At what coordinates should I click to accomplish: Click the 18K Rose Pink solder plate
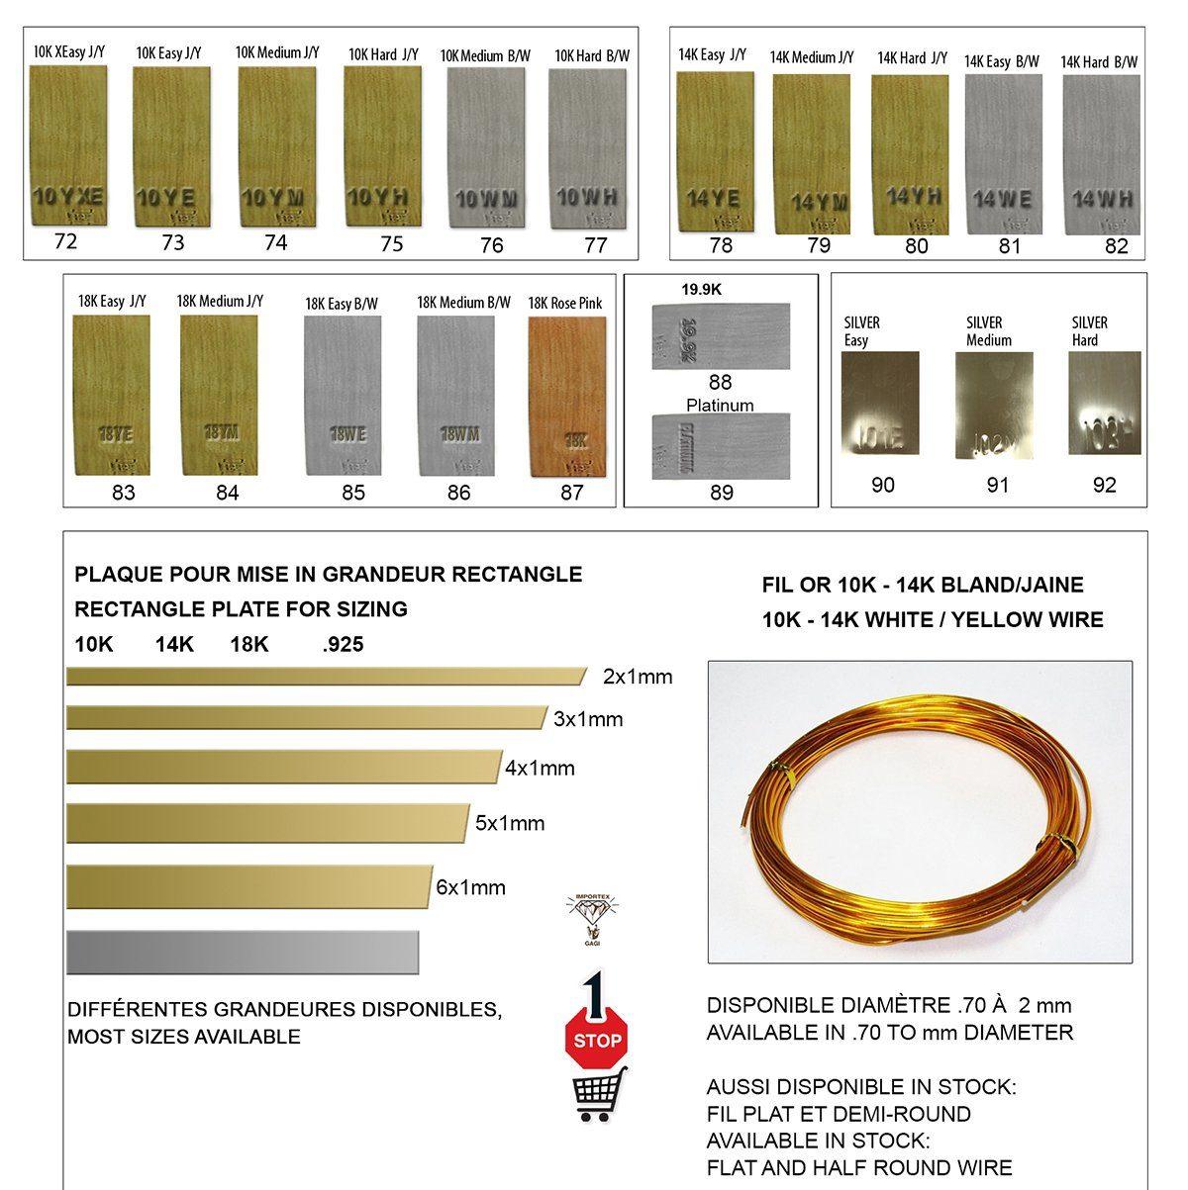point(564,395)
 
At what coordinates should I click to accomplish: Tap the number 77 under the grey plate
point(595,245)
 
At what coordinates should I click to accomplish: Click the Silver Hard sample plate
point(1105,403)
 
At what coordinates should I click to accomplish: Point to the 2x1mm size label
point(638,678)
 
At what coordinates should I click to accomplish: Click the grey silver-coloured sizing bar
point(243,952)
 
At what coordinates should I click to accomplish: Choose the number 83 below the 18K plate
point(124,492)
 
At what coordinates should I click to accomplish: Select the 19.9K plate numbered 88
point(721,334)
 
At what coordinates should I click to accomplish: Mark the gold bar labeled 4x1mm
point(283,767)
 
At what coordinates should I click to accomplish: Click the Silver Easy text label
point(861,331)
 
